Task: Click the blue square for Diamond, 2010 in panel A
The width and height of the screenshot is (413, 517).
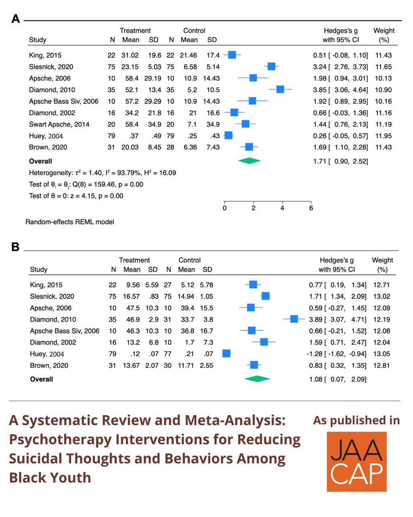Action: tap(280, 89)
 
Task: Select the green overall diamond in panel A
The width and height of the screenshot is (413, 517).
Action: tap(249, 161)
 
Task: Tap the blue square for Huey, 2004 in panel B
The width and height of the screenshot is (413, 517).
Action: tap(226, 353)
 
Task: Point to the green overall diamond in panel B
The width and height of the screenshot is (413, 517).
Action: tap(257, 379)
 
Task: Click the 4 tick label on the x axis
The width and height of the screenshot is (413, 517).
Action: tap(282, 208)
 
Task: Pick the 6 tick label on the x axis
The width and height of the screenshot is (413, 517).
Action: tap(311, 208)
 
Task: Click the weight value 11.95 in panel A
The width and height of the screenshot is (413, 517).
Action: tap(383, 136)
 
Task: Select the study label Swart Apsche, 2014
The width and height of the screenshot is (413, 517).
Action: tap(59, 124)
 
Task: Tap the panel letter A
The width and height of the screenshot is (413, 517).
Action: tap(16, 19)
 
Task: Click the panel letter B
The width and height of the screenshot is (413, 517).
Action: tap(15, 247)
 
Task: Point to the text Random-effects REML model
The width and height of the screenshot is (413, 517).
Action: tap(70, 222)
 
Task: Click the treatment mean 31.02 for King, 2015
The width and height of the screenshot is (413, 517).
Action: tap(130, 55)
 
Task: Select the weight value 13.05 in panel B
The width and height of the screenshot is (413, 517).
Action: tap(382, 354)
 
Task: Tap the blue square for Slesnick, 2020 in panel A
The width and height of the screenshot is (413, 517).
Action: tap(271, 66)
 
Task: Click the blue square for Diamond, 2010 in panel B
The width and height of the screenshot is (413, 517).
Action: tap(294, 319)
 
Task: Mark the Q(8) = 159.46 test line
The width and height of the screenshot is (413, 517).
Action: tap(86, 185)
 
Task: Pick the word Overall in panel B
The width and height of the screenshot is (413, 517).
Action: tap(41, 379)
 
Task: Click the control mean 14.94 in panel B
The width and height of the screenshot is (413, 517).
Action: tap(186, 296)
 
